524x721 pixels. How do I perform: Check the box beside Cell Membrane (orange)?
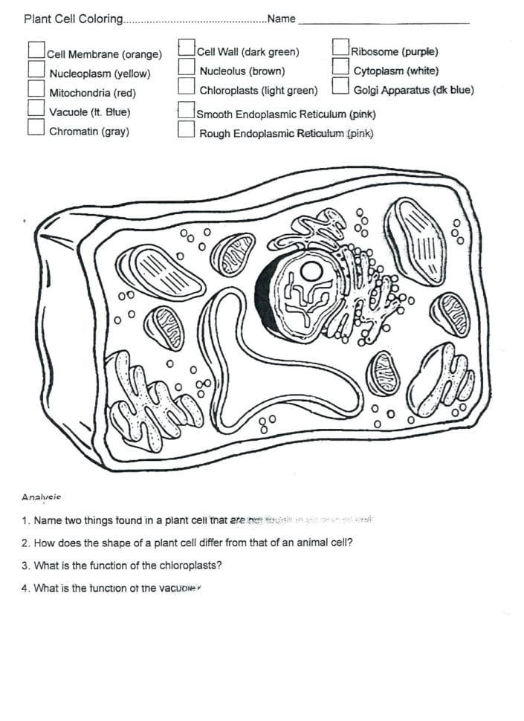[36, 49]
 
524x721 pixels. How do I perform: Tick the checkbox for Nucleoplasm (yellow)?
[36, 68]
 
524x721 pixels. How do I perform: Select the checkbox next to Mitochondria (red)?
[36, 88]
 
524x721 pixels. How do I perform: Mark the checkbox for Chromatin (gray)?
[36, 127]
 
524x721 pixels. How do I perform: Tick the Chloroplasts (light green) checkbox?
[187, 86]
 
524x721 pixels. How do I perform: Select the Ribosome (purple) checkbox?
[341, 47]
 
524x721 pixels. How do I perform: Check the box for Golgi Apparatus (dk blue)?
[341, 86]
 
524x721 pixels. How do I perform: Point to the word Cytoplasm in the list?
[378, 71]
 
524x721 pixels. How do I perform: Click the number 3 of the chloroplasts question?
[25, 566]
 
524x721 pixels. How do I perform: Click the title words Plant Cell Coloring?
[74, 19]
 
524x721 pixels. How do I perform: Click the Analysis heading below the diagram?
[41, 497]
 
